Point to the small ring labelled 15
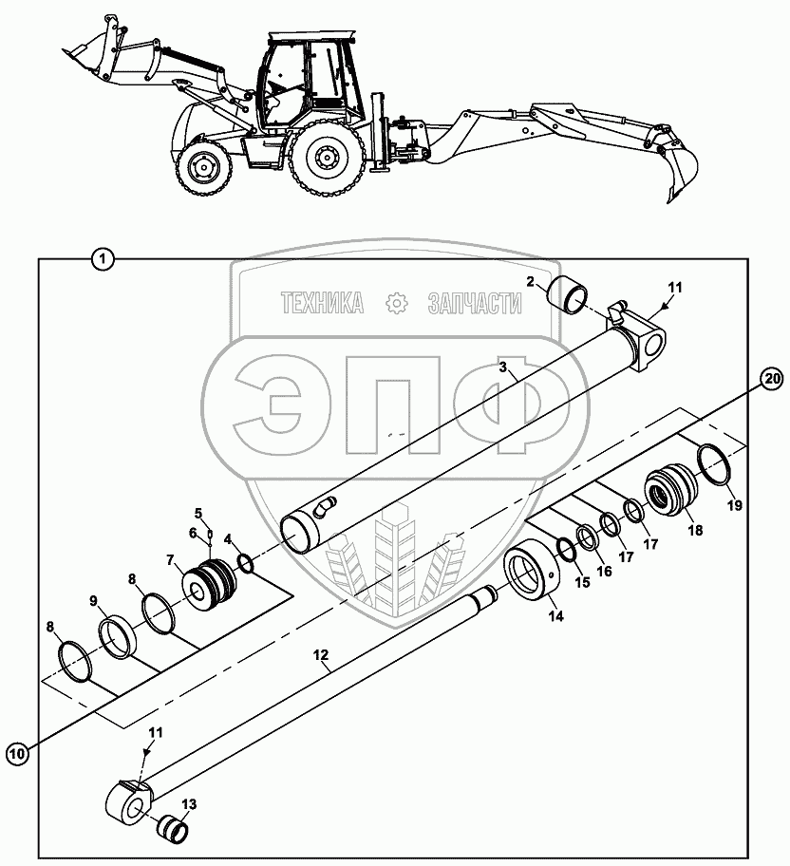[x=565, y=548]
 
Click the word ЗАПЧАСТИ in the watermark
[x=476, y=303]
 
